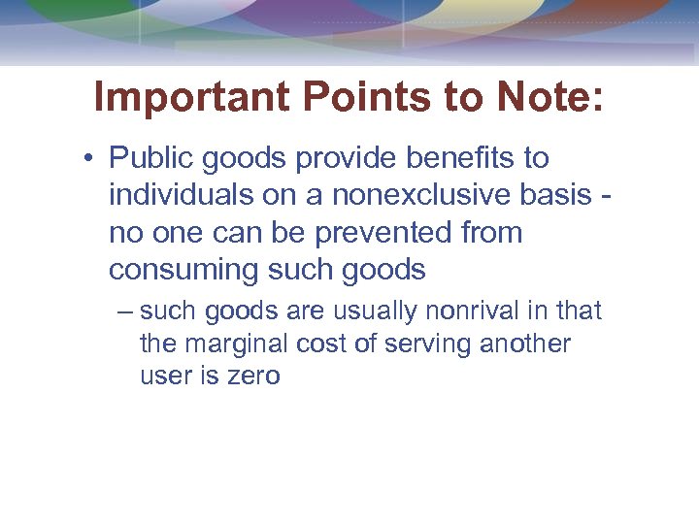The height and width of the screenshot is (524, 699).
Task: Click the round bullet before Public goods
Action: [89, 158]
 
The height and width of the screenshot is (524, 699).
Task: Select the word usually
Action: [370, 311]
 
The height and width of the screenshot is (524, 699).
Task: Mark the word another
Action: [525, 344]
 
